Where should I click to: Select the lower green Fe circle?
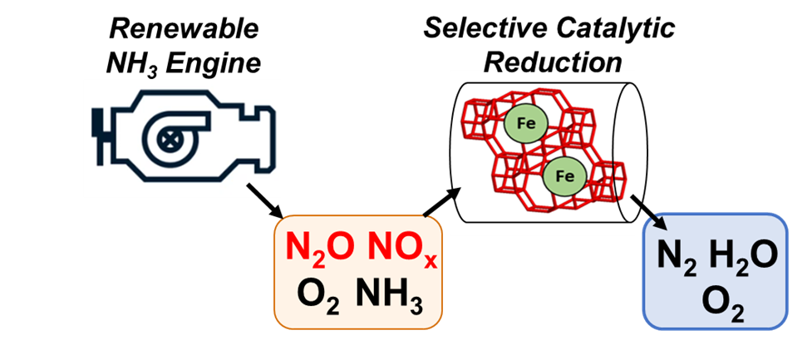[x=564, y=176]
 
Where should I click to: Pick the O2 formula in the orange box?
[x=318, y=300]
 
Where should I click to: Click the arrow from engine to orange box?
[x=264, y=200]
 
